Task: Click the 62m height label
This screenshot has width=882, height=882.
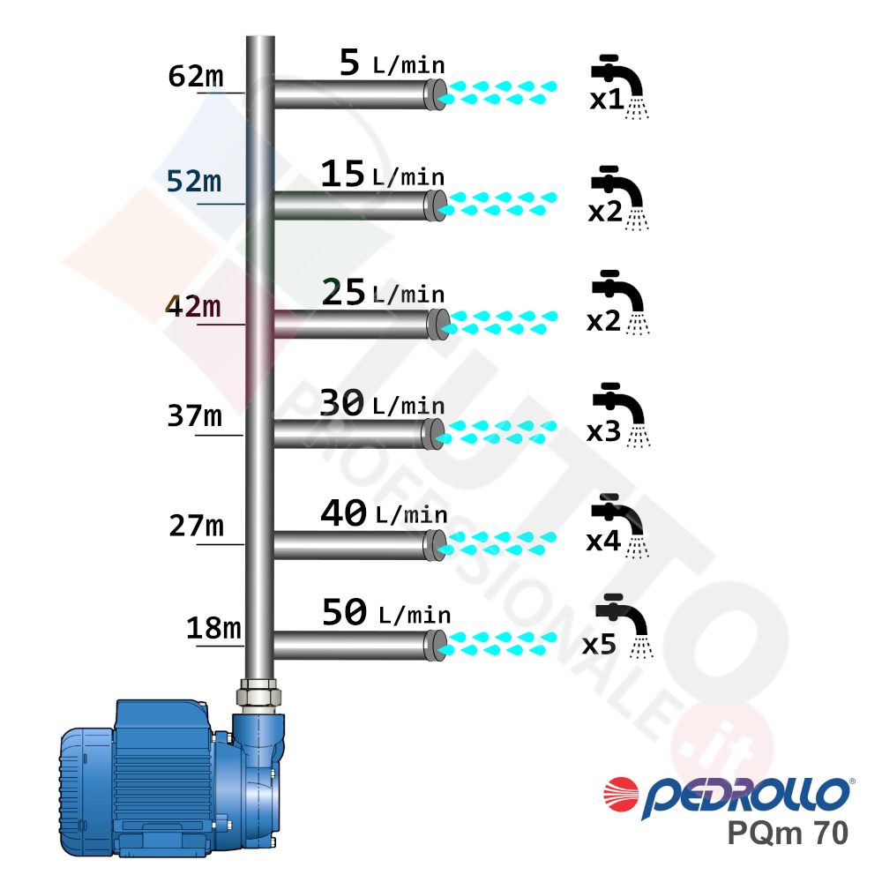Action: coord(196,76)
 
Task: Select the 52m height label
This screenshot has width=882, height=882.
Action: coord(194,181)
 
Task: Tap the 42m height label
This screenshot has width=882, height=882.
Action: coord(193,307)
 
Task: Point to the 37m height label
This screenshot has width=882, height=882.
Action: coord(195,415)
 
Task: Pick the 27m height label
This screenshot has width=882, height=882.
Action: coord(197,526)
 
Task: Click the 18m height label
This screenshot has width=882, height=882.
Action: coord(213,628)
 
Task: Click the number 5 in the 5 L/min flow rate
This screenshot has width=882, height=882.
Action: coord(349,62)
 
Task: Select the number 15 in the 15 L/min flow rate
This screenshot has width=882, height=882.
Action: coord(342,173)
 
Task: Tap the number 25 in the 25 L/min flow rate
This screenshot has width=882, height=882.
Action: coord(344,292)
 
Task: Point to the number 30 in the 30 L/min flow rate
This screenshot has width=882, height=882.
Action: coord(342,402)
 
